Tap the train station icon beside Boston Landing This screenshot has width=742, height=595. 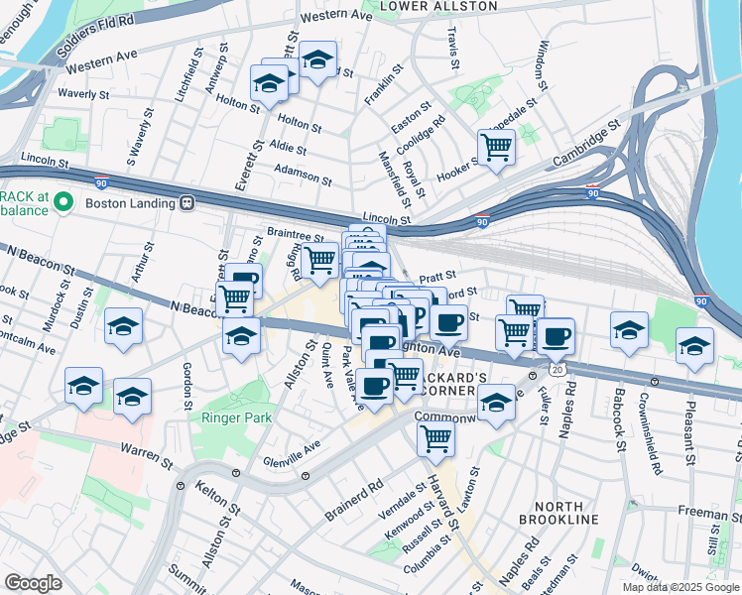click(x=185, y=203)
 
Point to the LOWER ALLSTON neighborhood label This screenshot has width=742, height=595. click(x=425, y=6)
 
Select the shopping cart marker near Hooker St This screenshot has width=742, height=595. click(x=496, y=148)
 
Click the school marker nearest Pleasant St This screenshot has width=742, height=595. click(x=694, y=346)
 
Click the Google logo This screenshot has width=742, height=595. click(x=33, y=583)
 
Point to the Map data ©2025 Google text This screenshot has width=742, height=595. click(x=680, y=587)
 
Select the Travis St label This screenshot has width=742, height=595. click(x=453, y=49)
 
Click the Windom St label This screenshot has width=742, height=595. click(x=542, y=61)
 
